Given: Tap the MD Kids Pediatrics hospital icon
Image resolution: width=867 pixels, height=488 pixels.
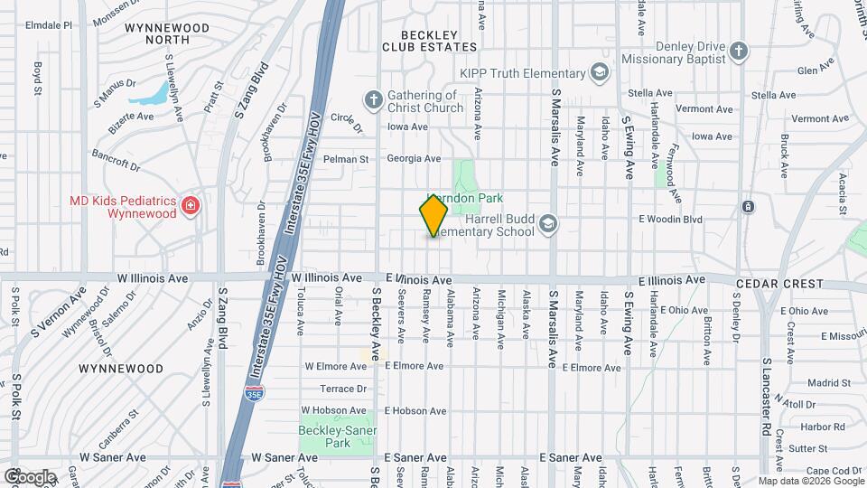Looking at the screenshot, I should point(190,207).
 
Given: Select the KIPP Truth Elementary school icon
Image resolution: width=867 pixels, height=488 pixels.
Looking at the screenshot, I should point(598,72).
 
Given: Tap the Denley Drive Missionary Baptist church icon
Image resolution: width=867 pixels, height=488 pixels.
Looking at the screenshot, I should point(738,51).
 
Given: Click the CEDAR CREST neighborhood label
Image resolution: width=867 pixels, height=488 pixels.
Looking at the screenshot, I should point(779,284).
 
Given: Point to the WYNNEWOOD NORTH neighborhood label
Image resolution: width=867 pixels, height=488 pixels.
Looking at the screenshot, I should point(167,34).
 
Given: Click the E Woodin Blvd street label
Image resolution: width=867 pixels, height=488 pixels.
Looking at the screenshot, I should point(670,219).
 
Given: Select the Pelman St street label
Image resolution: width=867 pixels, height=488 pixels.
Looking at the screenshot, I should point(348,159).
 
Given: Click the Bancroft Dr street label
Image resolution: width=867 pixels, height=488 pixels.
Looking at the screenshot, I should point(116,162).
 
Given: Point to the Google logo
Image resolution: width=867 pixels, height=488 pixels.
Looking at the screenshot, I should point(30,476).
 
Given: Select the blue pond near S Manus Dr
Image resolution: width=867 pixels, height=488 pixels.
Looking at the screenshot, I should point(153,93).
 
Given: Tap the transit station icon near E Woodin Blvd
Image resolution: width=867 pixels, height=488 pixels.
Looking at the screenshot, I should point(748,207).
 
